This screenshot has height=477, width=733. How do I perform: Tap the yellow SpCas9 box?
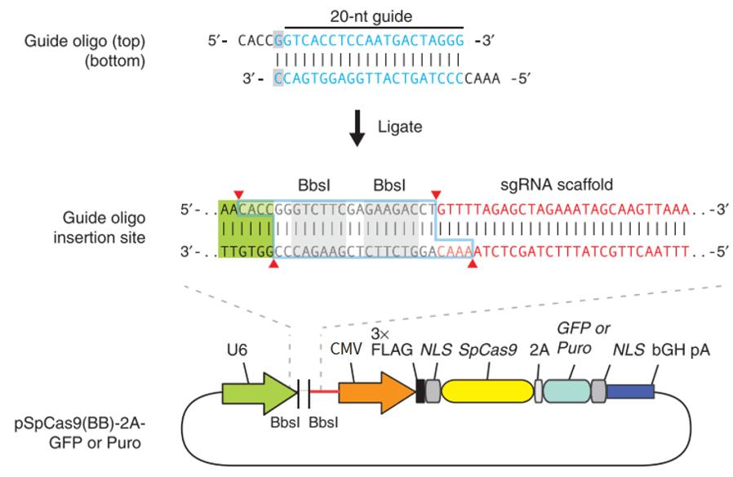pos(486,394)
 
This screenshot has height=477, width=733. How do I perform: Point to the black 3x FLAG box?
pos(421,394)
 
